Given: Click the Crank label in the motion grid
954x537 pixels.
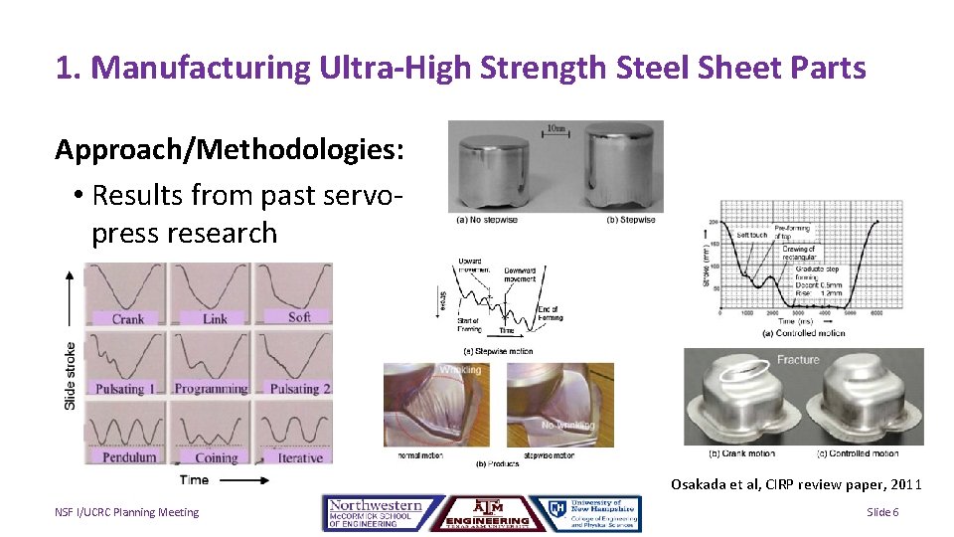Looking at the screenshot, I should (127, 319).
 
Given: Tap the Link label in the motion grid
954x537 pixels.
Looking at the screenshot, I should (215, 319).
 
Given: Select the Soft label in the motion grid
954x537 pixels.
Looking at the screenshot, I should (299, 317).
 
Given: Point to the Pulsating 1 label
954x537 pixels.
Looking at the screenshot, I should (127, 389).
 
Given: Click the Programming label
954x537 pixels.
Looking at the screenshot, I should (211, 389).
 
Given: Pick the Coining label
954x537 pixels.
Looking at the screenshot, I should (216, 458).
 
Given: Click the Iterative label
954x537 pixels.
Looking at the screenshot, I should (299, 457).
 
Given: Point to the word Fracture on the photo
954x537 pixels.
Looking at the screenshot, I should (798, 359).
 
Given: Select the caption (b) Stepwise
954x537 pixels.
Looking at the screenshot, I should (630, 220).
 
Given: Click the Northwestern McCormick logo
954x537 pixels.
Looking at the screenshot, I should (375, 513).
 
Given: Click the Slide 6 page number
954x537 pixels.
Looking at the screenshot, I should (882, 512).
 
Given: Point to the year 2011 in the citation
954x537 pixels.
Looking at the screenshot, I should (905, 484).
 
